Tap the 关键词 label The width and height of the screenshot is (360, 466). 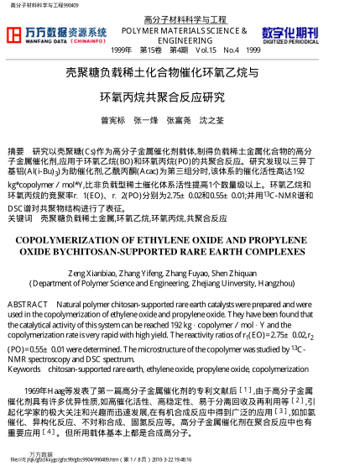click(x=18, y=218)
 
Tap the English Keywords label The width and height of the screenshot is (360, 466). click(x=23, y=369)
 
